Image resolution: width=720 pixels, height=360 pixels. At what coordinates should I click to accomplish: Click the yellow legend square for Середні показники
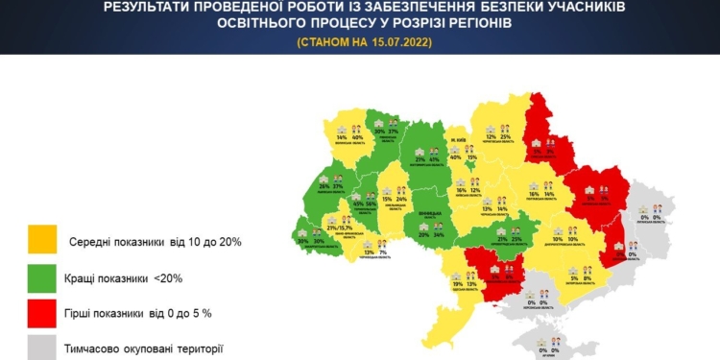click(x=41, y=241)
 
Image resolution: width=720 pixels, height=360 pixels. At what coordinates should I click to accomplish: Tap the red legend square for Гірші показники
click(x=41, y=314)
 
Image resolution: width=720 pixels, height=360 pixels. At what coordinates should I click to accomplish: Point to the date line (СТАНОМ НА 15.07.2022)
click(x=360, y=41)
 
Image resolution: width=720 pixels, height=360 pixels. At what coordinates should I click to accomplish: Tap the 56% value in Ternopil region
click(x=372, y=204)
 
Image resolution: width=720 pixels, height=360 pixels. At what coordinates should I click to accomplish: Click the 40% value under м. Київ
click(x=455, y=156)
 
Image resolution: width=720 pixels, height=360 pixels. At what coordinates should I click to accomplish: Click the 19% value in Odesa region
click(x=457, y=284)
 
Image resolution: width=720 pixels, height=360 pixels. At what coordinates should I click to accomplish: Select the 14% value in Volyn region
click(x=341, y=138)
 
